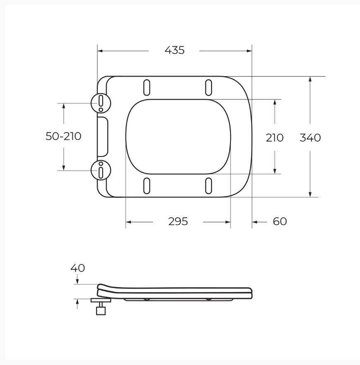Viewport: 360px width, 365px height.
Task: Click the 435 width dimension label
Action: point(175,50)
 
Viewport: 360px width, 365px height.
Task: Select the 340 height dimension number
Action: point(310,137)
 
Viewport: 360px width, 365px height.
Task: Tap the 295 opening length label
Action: point(178,221)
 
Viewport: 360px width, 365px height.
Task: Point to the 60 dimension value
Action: point(280,221)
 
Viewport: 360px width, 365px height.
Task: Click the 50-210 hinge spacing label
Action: point(63,136)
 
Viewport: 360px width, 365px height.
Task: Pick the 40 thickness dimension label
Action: point(77,268)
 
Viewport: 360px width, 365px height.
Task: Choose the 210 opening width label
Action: point(275,137)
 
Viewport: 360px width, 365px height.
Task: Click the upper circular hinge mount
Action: point(101,103)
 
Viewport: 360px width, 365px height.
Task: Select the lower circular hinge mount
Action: point(101,170)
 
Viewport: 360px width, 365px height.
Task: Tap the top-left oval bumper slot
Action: point(146,88)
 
